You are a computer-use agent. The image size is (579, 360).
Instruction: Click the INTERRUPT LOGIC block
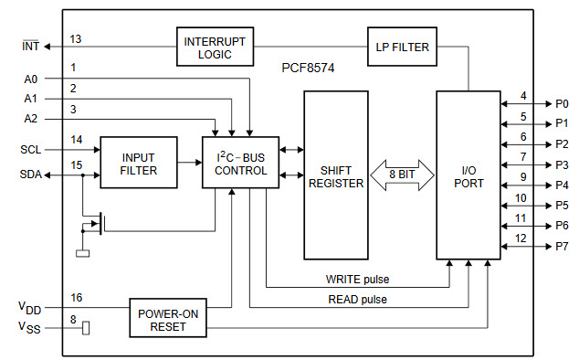click(215, 47)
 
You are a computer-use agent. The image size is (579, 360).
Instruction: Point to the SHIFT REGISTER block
click(336, 175)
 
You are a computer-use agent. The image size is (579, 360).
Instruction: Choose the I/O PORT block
click(468, 175)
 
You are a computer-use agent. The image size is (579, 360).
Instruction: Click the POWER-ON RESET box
click(168, 316)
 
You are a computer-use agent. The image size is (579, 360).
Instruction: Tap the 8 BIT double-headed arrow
click(402, 175)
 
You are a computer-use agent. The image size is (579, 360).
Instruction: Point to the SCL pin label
click(30, 149)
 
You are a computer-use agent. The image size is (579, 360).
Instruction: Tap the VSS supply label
click(30, 327)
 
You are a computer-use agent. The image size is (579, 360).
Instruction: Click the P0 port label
click(561, 104)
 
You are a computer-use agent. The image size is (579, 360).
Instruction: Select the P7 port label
click(561, 247)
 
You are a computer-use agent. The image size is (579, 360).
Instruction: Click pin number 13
click(76, 38)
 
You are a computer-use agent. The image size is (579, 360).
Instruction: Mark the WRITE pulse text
click(356, 279)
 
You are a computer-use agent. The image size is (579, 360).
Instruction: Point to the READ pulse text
click(356, 299)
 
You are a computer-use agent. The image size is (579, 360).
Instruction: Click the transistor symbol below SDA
click(96, 223)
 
